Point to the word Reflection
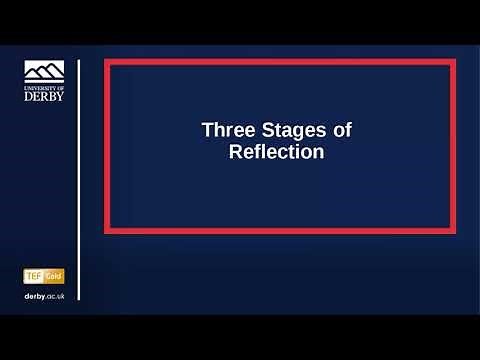click(277, 153)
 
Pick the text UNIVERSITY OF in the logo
click(43, 88)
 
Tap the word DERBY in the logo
click(43, 98)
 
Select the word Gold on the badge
click(54, 275)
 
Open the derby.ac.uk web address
click(44, 297)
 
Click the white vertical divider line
click(78, 180)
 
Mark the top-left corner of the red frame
click(107, 62)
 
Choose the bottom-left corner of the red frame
click(107, 230)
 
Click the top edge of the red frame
click(280, 62)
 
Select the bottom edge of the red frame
click(280, 230)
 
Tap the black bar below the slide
click(240, 338)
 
